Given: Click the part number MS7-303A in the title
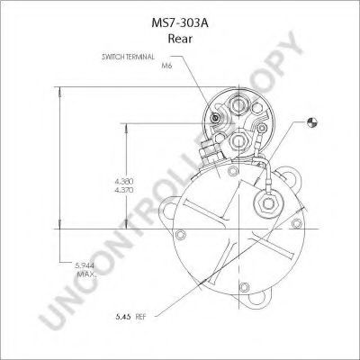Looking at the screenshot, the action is coord(180,23).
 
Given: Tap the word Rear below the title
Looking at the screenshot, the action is coord(180,39).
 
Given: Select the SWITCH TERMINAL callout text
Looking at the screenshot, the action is coord(128,57).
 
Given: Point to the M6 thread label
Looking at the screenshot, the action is coord(166,66).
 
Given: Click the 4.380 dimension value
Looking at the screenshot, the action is coord(124,181).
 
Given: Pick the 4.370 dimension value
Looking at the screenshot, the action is coord(124,190).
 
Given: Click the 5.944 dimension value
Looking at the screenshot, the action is coord(85,265).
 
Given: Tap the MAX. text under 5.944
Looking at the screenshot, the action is coord(87,274).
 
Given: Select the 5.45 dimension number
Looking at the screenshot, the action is coord(123,316).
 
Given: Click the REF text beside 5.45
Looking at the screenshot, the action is coord(140,317).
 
